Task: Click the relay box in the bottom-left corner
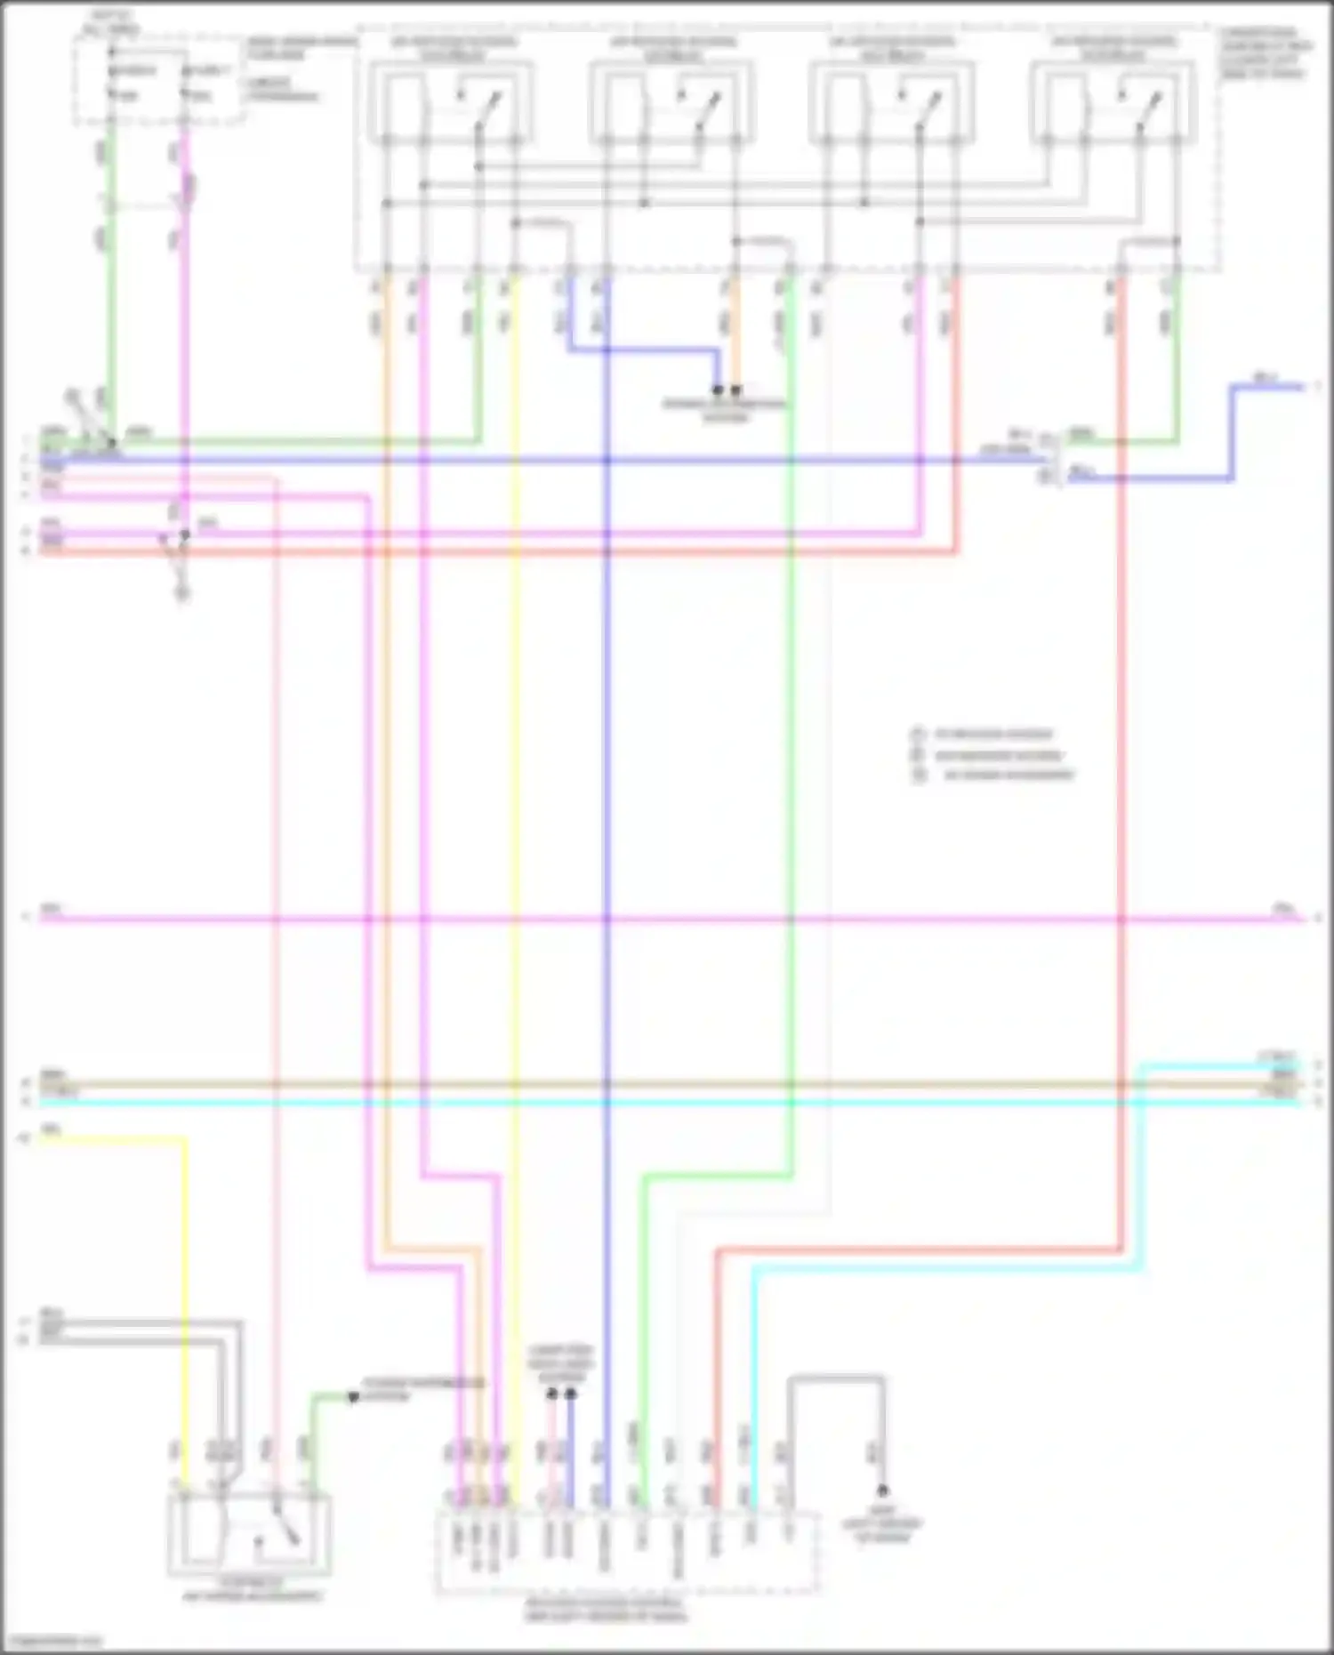pos(249,1534)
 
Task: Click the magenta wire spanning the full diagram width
pos(667,918)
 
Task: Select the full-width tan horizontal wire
pos(667,1085)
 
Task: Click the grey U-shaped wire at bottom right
pos(836,1380)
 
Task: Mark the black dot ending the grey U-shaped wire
pos(882,1490)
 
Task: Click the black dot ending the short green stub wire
pos(353,1397)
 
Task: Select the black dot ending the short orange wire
pos(736,390)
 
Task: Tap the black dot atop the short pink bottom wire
pos(552,1394)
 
